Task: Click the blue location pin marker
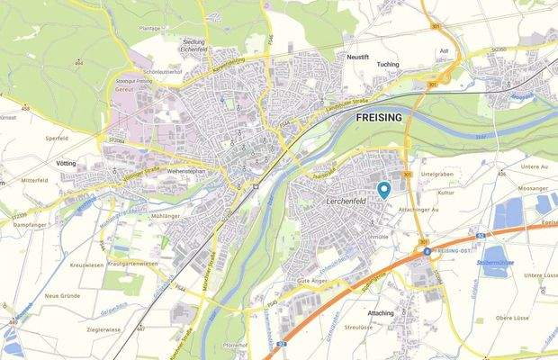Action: [x=383, y=189]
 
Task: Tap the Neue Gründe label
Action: [x=64, y=296]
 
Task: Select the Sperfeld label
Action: [x=57, y=139]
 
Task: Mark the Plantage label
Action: [x=152, y=28]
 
